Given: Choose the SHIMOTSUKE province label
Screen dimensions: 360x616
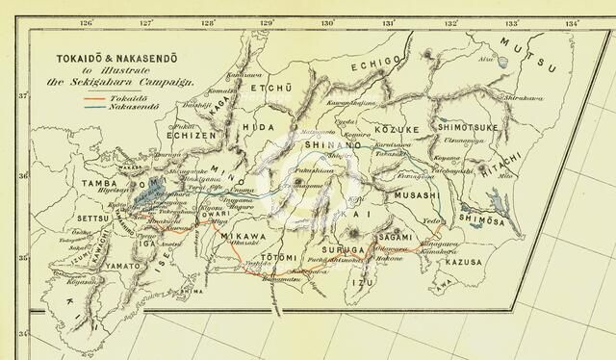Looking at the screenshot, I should (x=467, y=125).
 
